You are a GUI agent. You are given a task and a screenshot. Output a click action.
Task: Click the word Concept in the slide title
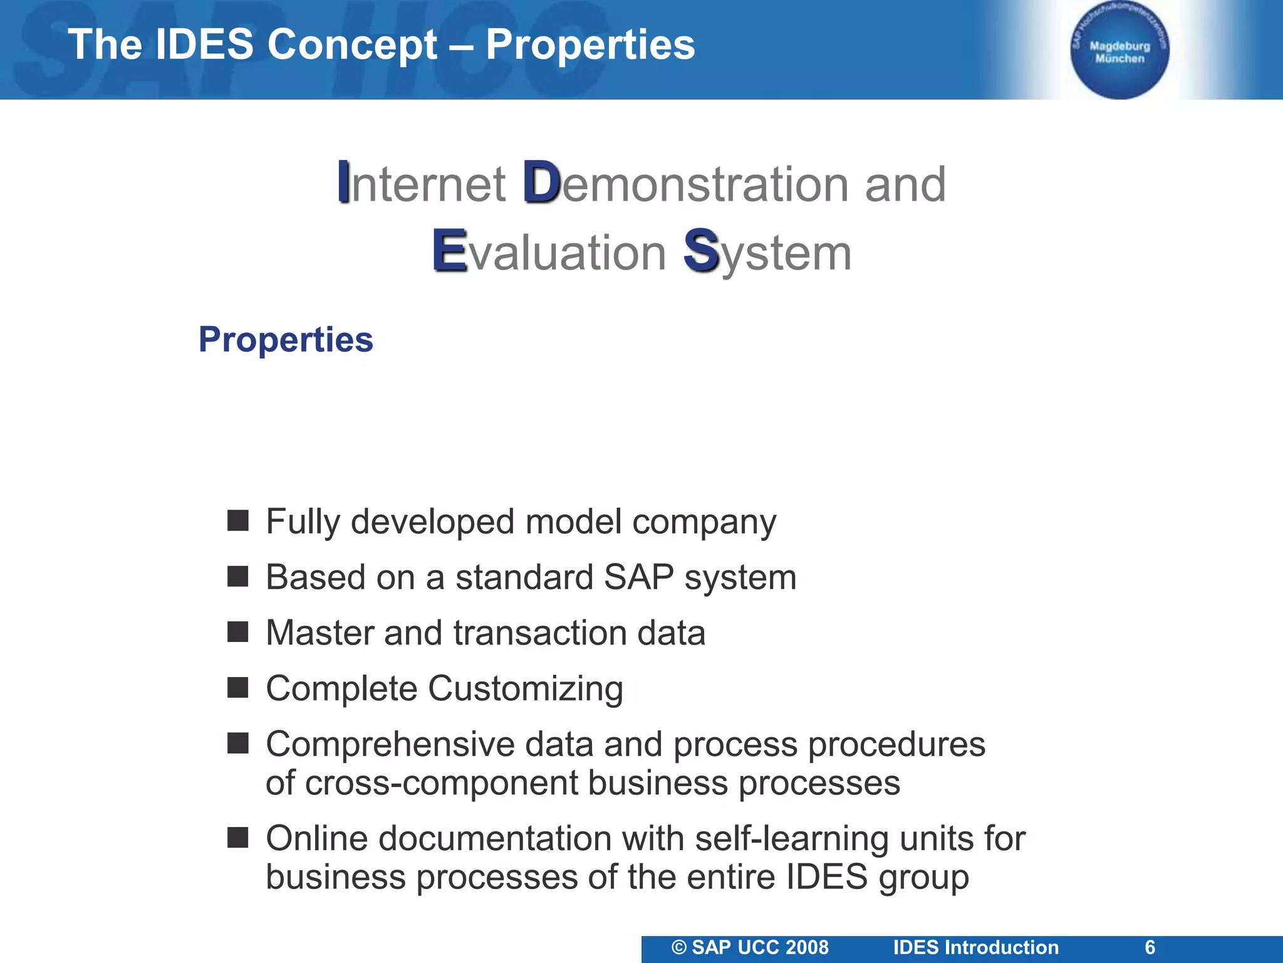pyautogui.click(x=351, y=45)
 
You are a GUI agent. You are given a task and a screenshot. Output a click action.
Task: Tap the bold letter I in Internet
pyautogui.click(x=343, y=182)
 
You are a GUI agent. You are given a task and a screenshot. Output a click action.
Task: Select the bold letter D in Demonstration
pyautogui.click(x=541, y=182)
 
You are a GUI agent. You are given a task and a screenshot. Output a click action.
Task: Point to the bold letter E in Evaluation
pyautogui.click(x=449, y=251)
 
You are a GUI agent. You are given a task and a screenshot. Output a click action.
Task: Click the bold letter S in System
pyautogui.click(x=700, y=251)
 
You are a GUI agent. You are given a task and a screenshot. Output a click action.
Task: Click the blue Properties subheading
pyautogui.click(x=286, y=340)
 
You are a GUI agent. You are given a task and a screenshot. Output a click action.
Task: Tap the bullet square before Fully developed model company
pyautogui.click(x=238, y=520)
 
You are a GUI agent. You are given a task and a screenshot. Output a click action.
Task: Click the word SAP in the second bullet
pyautogui.click(x=638, y=577)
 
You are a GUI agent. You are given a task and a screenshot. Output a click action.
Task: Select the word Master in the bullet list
pyautogui.click(x=319, y=633)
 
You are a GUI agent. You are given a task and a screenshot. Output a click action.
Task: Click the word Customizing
pyautogui.click(x=526, y=688)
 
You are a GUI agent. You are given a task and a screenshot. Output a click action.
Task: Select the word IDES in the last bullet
pyautogui.click(x=826, y=876)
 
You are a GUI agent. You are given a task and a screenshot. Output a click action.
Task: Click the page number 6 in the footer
pyautogui.click(x=1150, y=947)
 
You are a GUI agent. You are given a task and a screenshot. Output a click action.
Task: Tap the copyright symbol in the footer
pyautogui.click(x=679, y=947)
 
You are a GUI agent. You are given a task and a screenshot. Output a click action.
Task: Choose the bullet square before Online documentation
pyautogui.click(x=238, y=838)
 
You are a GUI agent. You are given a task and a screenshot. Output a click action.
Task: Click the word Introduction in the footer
pyautogui.click(x=1002, y=947)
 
